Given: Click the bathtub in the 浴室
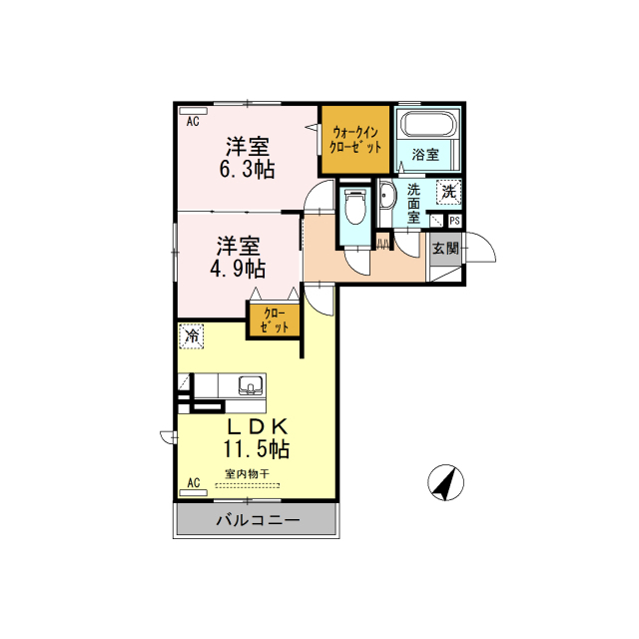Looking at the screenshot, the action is point(427,123).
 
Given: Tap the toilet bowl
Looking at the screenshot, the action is point(355,207).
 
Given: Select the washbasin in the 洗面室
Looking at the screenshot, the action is point(386,196).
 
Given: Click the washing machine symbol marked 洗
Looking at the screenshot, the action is point(449,191).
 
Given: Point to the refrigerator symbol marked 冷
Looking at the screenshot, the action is point(191,336).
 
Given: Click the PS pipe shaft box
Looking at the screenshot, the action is point(454,221).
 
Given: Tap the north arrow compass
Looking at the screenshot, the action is point(446,482).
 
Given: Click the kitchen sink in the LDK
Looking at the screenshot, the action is point(251,385).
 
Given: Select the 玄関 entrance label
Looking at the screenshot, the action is point(445,249).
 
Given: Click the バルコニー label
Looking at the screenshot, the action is point(258,520).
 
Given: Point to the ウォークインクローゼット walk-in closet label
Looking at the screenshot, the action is point(355,140).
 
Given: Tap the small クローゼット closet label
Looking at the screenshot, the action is point(275,320).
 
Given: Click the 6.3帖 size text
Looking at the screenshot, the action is point(247,170).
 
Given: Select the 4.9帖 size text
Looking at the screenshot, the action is point(238,269).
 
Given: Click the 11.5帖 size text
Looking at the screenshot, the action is point(256,449).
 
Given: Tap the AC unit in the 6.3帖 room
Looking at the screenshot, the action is point(193,111).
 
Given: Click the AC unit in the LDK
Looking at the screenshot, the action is point(193,492).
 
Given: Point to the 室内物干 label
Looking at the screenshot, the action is point(247,474).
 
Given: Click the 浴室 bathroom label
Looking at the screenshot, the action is point(425,155).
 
